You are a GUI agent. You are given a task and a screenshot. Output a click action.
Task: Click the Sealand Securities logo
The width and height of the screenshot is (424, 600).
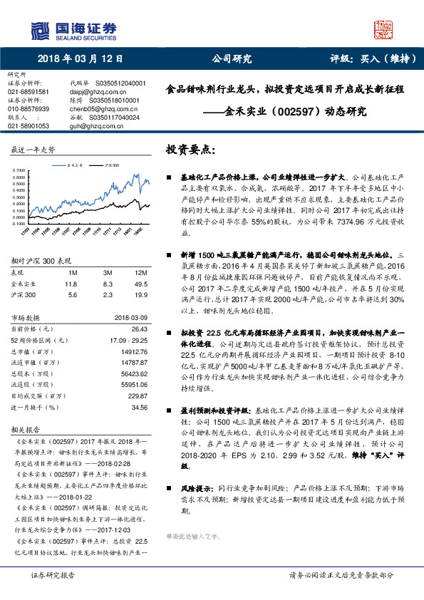point(72,29)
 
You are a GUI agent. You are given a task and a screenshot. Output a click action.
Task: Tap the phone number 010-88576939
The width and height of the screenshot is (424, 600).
point(29,108)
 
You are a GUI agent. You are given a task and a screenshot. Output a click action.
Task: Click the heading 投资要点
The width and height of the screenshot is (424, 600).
point(190,150)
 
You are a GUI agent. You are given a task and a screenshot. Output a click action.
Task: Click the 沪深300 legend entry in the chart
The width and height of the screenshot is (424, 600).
point(111,165)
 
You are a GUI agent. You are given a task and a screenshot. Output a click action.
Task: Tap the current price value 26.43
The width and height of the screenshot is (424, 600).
point(139,329)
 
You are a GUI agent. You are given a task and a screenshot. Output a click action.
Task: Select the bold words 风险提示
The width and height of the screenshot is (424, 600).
point(197,490)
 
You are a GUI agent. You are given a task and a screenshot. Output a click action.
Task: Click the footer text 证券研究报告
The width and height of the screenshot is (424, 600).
point(52,574)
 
